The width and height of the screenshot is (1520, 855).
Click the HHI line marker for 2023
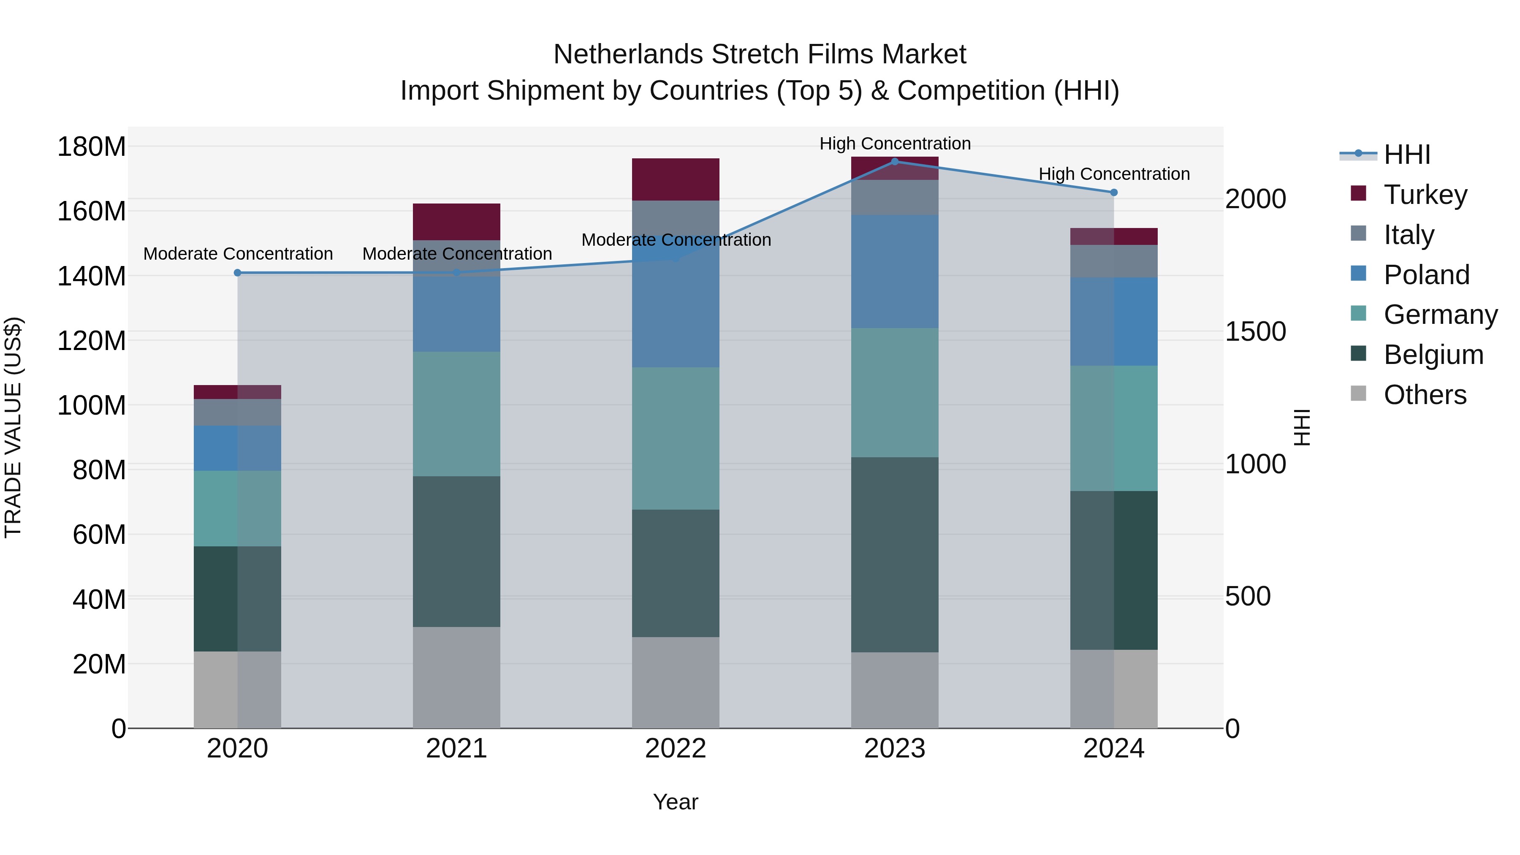tap(895, 162)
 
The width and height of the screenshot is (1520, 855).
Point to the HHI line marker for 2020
tap(237, 273)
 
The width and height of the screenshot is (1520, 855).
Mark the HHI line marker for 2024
tap(1113, 193)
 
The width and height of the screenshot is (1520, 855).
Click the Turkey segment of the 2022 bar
tap(675, 179)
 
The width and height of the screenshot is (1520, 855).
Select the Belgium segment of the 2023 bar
tap(895, 555)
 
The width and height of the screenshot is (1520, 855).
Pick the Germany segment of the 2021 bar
tap(456, 414)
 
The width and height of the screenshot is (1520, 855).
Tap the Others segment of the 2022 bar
tap(675, 682)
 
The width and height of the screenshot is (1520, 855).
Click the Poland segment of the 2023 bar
tap(895, 271)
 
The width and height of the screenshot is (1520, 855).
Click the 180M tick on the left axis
tap(92, 147)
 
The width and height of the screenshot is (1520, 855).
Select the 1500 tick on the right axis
tap(1255, 331)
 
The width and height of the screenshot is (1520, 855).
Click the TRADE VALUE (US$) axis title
tap(13, 427)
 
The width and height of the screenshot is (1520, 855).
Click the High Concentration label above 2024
tap(1113, 174)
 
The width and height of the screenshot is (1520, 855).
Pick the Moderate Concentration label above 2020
tap(238, 254)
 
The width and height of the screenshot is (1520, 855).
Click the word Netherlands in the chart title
tap(628, 54)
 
